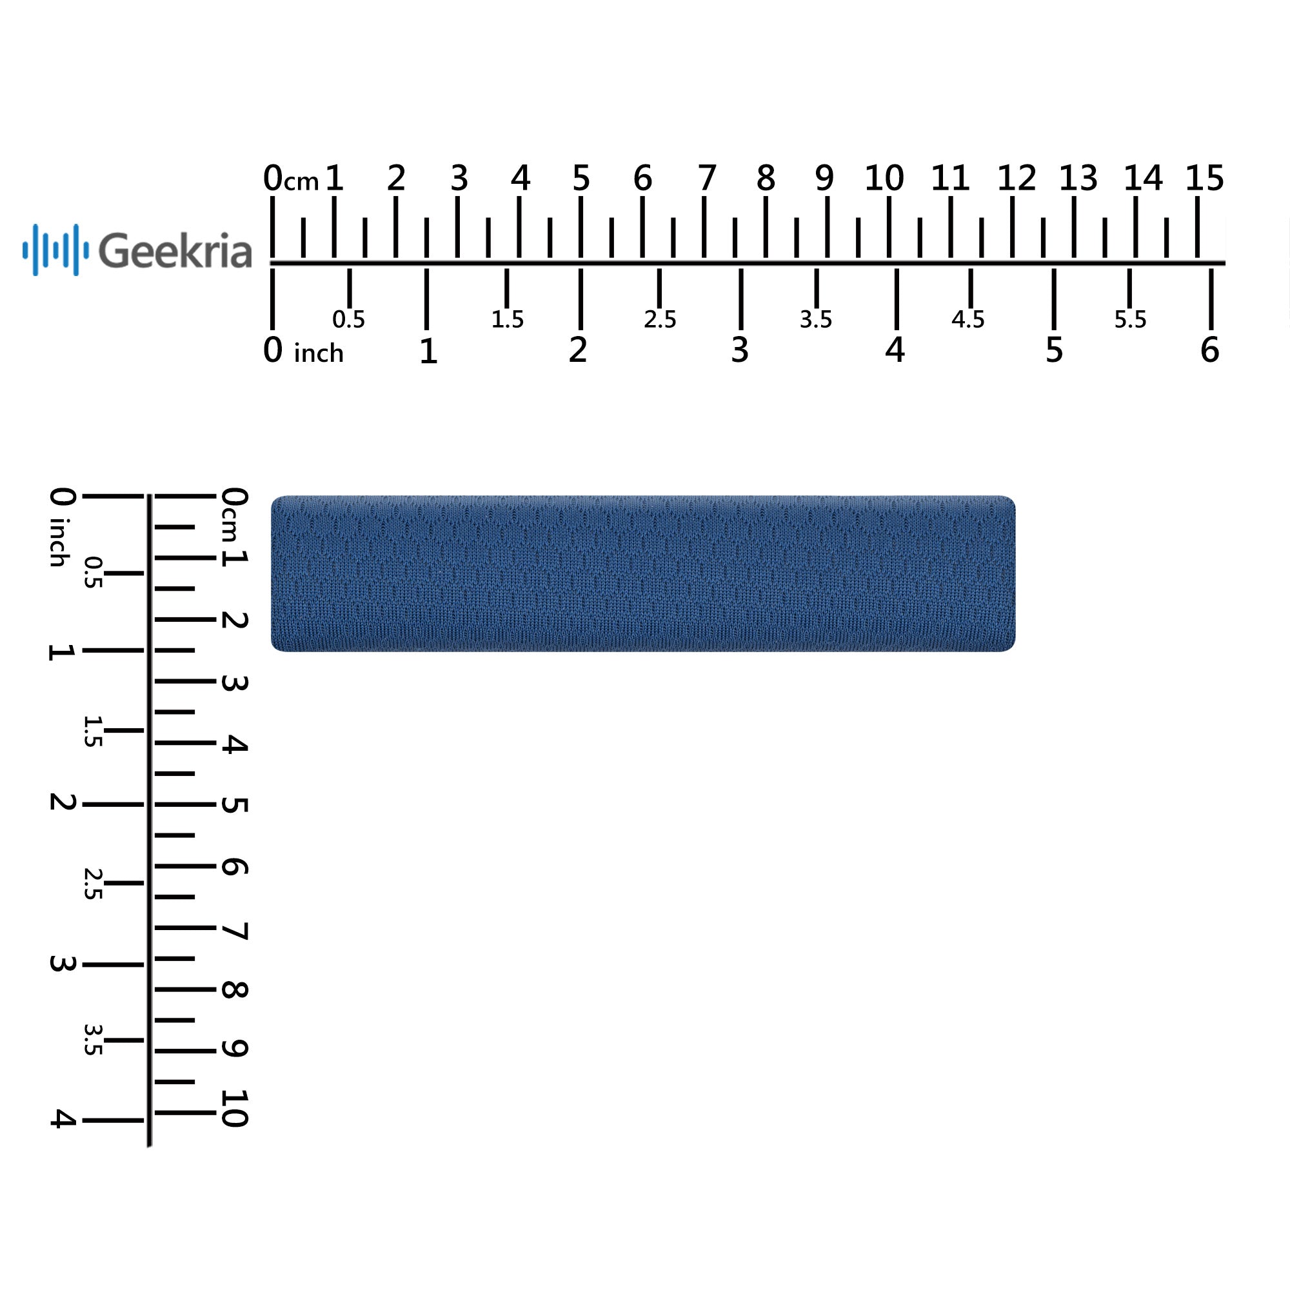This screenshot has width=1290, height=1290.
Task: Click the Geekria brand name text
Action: pos(175,250)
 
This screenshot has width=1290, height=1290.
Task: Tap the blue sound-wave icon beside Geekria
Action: pos(55,250)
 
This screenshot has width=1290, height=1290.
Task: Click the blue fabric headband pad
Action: pos(643,573)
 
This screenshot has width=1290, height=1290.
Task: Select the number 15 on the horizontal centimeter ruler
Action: pos(1204,177)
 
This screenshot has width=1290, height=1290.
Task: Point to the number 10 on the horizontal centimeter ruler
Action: pos(884,177)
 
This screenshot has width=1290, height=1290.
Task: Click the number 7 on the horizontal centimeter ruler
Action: pos(707,177)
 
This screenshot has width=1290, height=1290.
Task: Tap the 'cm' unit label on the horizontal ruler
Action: pos(302,182)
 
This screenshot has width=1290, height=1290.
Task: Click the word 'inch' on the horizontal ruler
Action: pos(319,353)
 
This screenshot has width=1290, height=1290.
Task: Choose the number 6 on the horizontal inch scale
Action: pos(1210,350)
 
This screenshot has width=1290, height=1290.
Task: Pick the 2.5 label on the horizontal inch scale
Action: pos(660,320)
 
